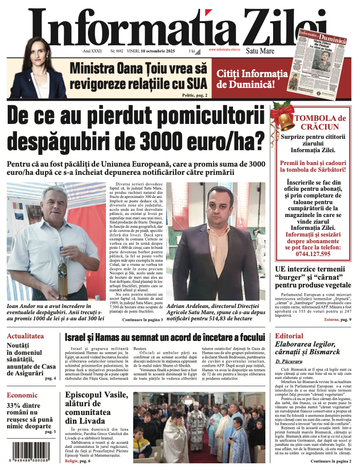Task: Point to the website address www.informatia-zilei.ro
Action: click(225, 49)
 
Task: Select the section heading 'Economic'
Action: click(22, 395)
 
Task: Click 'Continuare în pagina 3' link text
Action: click(142, 320)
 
